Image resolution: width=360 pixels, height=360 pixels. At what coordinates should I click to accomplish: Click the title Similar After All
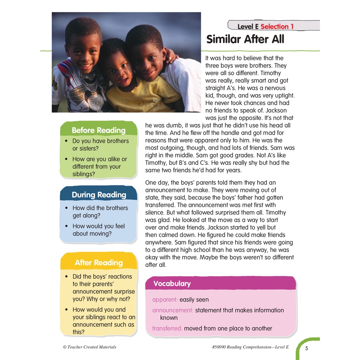tap(245, 39)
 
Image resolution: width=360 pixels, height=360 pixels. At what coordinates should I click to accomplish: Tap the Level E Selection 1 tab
tap(265, 26)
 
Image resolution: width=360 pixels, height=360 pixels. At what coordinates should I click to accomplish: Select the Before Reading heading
tap(98, 130)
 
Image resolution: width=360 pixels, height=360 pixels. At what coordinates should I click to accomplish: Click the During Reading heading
tap(99, 195)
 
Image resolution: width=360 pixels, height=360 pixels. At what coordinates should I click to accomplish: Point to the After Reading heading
tap(99, 263)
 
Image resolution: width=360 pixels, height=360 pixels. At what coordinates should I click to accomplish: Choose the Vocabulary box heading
tap(172, 284)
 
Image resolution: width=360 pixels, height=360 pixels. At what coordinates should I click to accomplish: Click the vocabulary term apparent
tap(165, 300)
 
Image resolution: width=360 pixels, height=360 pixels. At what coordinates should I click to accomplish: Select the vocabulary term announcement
tap(173, 310)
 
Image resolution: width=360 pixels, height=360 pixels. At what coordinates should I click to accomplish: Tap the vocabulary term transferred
tap(167, 328)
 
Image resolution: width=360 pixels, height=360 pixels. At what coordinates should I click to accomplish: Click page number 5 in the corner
tap(307, 348)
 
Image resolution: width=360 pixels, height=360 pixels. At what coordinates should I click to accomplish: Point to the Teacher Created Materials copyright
tap(90, 347)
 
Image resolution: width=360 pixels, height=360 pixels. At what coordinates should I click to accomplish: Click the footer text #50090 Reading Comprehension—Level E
tap(250, 347)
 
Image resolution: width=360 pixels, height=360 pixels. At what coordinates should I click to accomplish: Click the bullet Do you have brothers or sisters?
tap(100, 144)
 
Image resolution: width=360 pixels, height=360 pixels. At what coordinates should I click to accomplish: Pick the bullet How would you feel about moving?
tap(98, 230)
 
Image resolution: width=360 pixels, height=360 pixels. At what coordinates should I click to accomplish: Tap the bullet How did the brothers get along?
tap(100, 212)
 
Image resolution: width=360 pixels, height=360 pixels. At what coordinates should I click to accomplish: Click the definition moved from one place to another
tap(228, 328)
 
